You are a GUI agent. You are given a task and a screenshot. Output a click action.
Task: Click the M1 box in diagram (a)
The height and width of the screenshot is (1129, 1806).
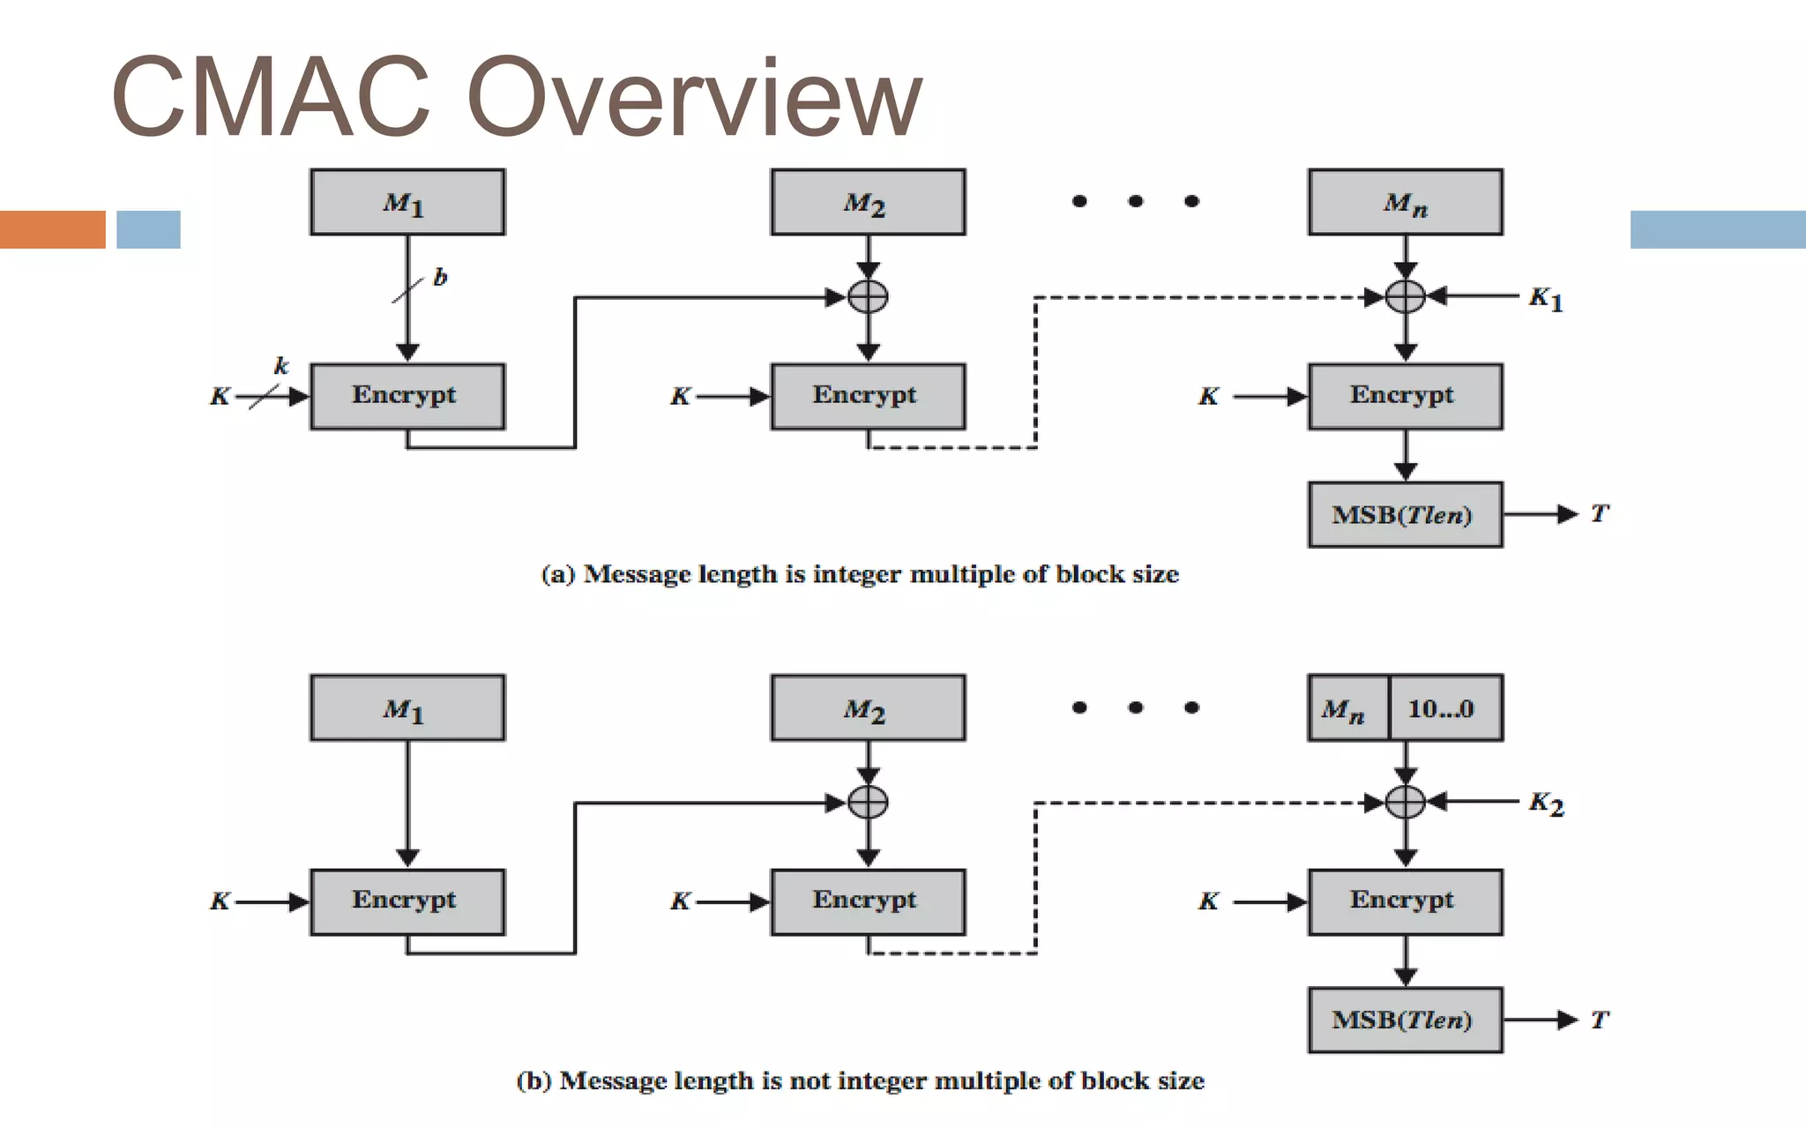pyautogui.click(x=407, y=202)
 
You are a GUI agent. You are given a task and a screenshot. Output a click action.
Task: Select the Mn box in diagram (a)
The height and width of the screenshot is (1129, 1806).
pyautogui.click(x=1406, y=202)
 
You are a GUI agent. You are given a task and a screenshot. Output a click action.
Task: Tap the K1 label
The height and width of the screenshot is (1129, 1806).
pyautogui.click(x=1546, y=299)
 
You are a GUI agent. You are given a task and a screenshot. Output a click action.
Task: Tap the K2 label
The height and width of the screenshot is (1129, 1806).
pyautogui.click(x=1546, y=804)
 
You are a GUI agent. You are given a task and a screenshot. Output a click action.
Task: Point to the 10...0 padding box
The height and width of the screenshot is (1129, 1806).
pyautogui.click(x=1444, y=708)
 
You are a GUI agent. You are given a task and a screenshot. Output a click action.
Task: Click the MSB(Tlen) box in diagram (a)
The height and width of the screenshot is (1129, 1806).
pyautogui.click(x=1405, y=514)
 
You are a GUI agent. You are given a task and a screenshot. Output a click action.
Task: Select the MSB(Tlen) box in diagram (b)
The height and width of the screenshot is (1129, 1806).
pyautogui.click(x=1405, y=1020)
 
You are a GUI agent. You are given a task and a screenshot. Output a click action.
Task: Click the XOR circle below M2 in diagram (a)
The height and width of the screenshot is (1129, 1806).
pyautogui.click(x=868, y=296)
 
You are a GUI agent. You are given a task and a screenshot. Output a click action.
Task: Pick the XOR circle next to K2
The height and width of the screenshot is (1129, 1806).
pyautogui.click(x=1406, y=802)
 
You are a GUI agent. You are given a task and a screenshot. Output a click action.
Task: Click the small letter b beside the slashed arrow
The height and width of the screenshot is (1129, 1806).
pyautogui.click(x=440, y=278)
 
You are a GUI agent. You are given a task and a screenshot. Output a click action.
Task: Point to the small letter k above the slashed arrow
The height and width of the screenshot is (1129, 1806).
pyautogui.click(x=281, y=365)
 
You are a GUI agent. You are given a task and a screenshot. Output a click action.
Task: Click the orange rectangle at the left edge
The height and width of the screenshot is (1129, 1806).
pyautogui.click(x=52, y=229)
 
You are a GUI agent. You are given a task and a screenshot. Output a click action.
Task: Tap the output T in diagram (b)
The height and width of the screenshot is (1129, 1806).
pyautogui.click(x=1600, y=1020)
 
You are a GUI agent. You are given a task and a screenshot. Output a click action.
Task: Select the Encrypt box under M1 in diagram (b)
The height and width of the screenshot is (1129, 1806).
pyautogui.click(x=407, y=901)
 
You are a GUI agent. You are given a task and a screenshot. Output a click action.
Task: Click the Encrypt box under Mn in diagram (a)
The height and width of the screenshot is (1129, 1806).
pyautogui.click(x=1405, y=396)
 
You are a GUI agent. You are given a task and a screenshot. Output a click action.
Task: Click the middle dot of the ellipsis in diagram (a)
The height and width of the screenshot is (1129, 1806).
pyautogui.click(x=1136, y=201)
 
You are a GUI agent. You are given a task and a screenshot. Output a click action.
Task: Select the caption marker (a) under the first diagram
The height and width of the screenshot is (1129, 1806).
pyautogui.click(x=558, y=574)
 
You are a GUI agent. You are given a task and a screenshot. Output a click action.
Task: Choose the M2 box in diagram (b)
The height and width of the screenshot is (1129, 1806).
pyautogui.click(x=868, y=708)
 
